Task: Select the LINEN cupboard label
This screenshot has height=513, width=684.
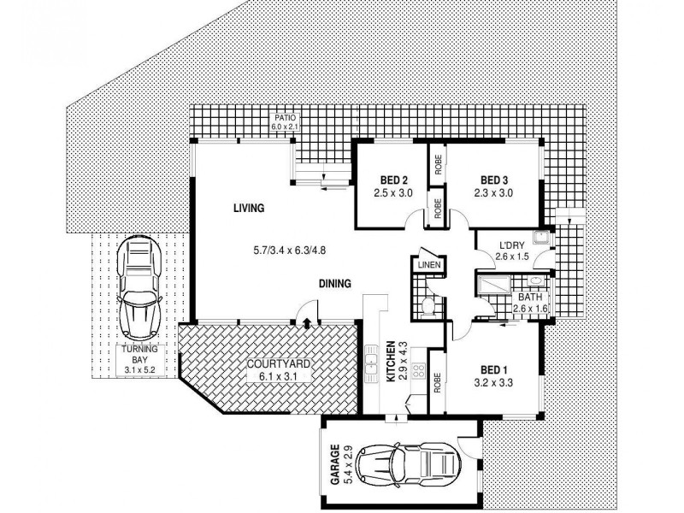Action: tap(427, 265)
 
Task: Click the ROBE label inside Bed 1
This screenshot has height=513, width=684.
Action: tap(437, 380)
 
